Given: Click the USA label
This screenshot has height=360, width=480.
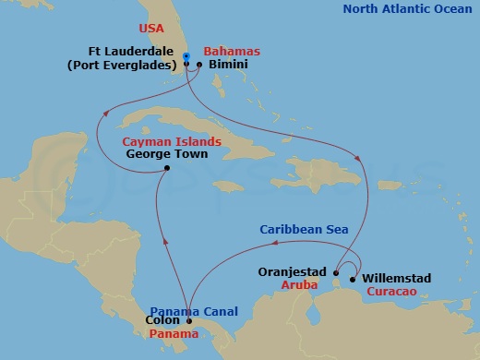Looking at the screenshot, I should pyautogui.click(x=152, y=29).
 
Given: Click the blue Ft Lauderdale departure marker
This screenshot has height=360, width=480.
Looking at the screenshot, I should pyautogui.click(x=186, y=56).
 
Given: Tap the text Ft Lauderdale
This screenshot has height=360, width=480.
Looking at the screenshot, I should pyautogui.click(x=136, y=52).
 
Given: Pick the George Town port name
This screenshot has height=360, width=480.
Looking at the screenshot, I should pyautogui.click(x=165, y=155).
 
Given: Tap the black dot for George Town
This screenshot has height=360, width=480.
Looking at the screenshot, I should pyautogui.click(x=165, y=168).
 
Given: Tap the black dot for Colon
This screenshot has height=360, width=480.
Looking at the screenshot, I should pyautogui.click(x=189, y=321).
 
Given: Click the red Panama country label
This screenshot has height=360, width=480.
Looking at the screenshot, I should pyautogui.click(x=168, y=334).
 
